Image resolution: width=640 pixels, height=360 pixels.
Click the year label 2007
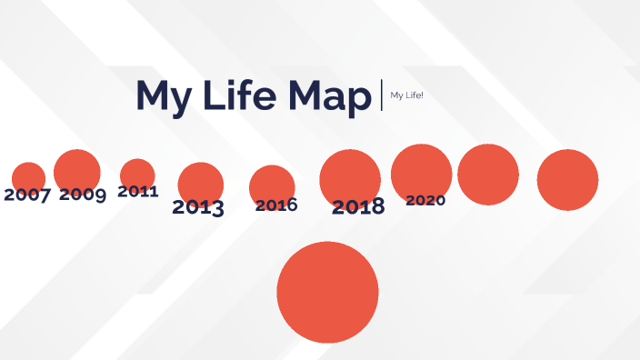click(27, 195)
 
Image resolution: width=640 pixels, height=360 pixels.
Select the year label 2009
click(83, 194)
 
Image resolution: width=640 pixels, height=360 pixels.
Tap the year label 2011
click(138, 192)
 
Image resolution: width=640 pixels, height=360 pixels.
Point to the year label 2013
click(198, 207)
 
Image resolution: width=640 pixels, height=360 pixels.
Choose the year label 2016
click(276, 205)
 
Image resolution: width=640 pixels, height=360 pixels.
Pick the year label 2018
click(358, 207)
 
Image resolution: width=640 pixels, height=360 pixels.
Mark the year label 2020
click(425, 200)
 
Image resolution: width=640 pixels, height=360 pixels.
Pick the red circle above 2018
click(350, 175)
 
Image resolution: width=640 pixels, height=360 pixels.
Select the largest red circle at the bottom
click(327, 292)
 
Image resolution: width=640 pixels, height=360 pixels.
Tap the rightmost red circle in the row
click(567, 180)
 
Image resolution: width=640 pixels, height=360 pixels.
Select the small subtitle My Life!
click(406, 95)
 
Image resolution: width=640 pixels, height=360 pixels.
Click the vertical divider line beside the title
click(382, 95)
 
